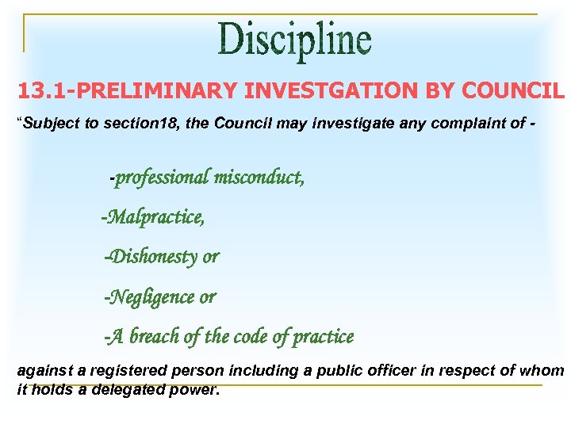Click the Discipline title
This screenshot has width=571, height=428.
pos(294,41)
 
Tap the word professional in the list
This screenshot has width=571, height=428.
pos(162,177)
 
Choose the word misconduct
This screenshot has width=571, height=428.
pos(259,177)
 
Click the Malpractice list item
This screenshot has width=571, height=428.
pos(153,216)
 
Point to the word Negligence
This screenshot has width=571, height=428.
pos(150,297)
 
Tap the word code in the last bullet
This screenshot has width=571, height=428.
pos(251,337)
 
